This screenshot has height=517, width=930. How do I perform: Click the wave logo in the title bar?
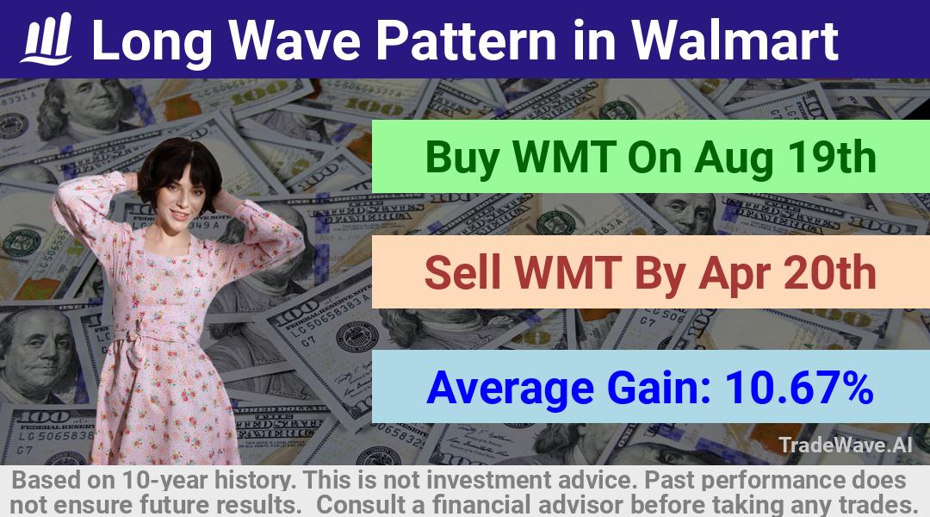click(46, 39)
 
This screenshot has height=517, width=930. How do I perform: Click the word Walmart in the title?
click(735, 40)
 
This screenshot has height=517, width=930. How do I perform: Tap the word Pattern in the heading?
click(466, 40)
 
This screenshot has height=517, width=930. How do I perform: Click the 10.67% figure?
click(799, 388)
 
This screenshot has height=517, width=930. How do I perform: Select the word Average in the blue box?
click(510, 389)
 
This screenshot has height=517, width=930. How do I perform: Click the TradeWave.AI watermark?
click(846, 445)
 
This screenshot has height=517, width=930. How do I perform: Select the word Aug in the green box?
click(734, 158)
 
